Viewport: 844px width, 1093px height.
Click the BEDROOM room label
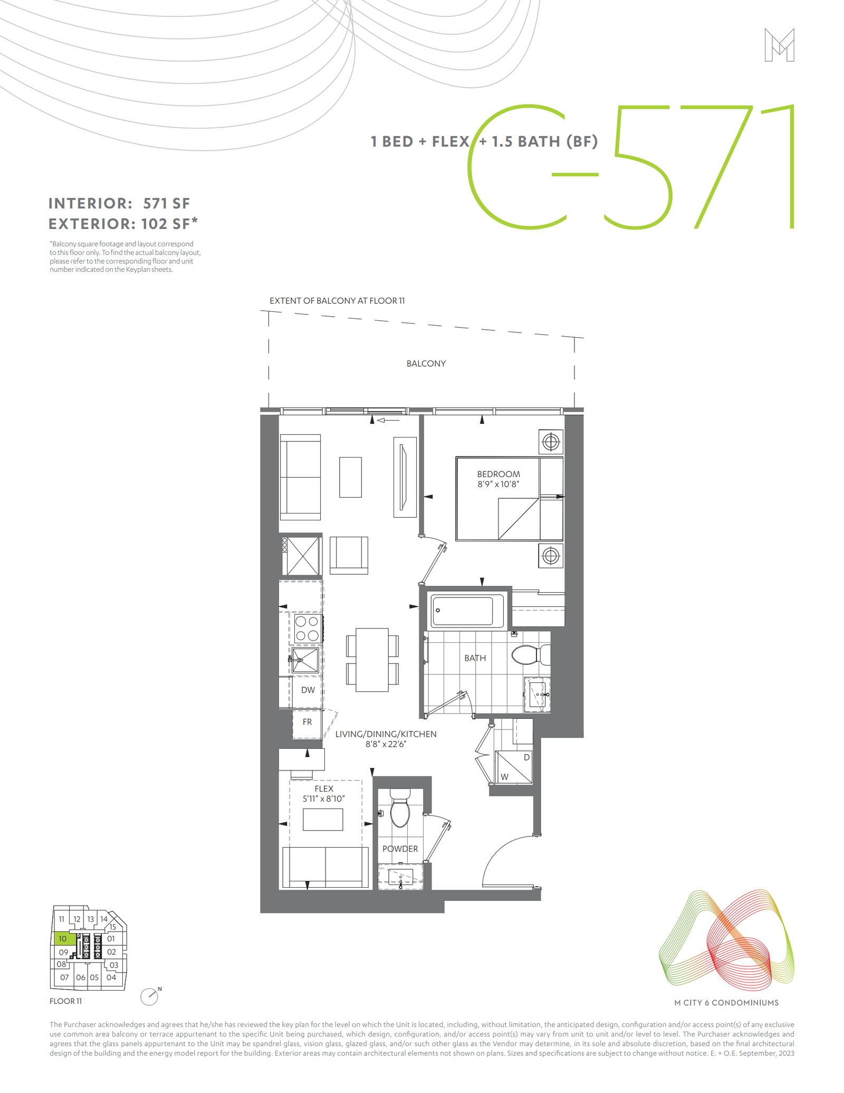(x=498, y=474)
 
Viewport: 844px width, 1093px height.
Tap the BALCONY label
(x=426, y=364)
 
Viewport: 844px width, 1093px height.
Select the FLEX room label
(x=324, y=788)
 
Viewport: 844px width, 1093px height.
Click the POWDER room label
(x=400, y=849)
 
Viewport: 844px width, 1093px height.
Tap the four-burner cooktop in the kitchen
(x=306, y=628)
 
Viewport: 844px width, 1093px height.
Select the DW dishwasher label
(x=308, y=690)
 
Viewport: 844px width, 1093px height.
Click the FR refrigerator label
(x=307, y=721)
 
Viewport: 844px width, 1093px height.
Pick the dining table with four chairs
(x=372, y=660)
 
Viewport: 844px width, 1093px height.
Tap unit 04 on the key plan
(x=111, y=977)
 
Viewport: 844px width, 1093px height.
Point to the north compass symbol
(x=150, y=996)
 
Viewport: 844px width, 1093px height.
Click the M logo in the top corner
(x=779, y=45)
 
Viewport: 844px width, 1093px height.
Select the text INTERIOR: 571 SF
(x=119, y=204)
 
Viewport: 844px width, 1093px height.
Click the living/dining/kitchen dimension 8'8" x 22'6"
(x=386, y=744)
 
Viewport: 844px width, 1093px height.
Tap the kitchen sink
(x=305, y=660)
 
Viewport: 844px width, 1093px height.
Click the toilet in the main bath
(x=530, y=655)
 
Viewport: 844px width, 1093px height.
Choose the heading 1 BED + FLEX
(x=420, y=141)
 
